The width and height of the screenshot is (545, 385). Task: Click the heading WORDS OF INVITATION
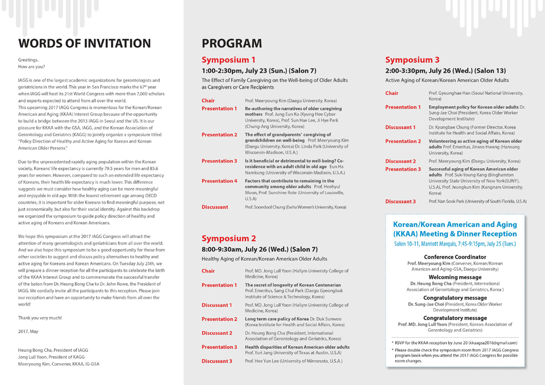[84, 44]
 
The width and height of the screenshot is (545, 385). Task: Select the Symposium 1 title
[228, 60]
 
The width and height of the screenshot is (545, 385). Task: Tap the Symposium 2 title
[229, 238]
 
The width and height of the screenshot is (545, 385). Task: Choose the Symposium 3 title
[412, 60]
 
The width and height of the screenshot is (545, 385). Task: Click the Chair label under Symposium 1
[208, 101]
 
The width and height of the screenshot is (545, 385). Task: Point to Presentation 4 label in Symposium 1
[219, 181]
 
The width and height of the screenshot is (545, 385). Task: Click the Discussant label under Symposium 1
[215, 207]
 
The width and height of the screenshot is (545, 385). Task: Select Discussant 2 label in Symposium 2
[217, 333]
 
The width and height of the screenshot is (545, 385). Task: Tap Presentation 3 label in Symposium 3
[403, 169]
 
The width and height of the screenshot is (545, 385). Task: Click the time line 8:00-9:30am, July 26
[259, 249]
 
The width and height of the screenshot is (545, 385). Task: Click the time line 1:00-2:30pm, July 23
[259, 71]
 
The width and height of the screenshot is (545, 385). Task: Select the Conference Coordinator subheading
[455, 257]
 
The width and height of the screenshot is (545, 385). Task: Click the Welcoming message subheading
[455, 277]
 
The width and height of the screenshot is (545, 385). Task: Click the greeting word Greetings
[28, 60]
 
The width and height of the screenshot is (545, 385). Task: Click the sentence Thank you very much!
[40, 317]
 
